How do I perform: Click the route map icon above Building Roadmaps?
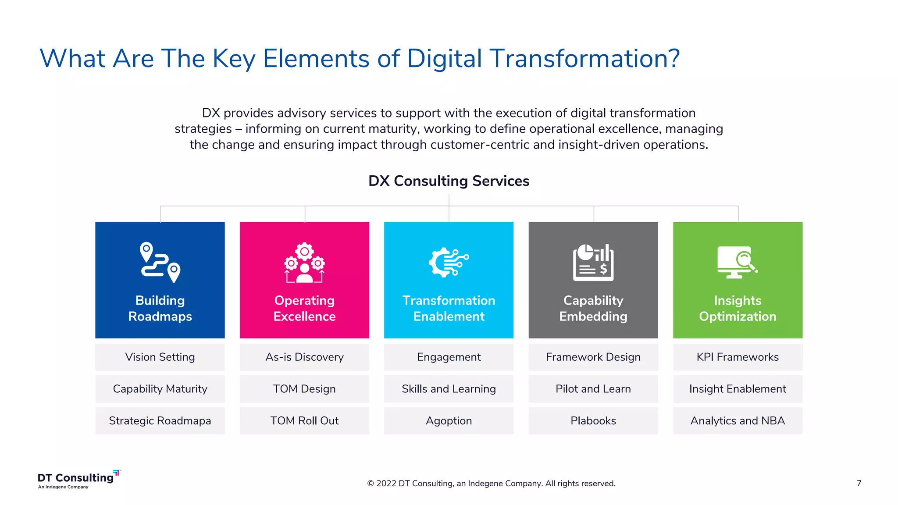tap(160, 262)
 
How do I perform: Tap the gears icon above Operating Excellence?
tap(304, 263)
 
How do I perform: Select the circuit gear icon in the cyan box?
tap(449, 262)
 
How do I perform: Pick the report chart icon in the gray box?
tap(593, 262)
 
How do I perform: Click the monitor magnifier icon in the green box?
tap(737, 262)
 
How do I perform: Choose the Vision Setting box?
tap(160, 357)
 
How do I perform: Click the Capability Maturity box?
tap(160, 389)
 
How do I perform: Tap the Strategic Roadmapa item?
tap(160, 421)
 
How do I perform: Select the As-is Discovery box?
tap(304, 357)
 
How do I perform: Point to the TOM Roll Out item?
tap(304, 421)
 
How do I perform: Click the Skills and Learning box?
tap(449, 389)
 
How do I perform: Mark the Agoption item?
tap(449, 421)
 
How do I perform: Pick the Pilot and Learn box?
tap(593, 389)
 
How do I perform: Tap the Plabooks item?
tap(593, 421)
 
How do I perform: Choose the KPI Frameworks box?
tap(738, 357)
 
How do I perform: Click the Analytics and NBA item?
tap(738, 421)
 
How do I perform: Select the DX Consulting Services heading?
tap(449, 181)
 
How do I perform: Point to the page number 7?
tap(859, 483)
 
